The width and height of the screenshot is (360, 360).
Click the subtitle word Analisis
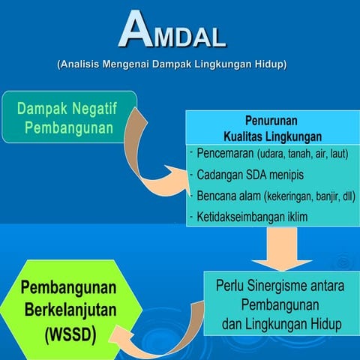pyautogui.click(x=80, y=65)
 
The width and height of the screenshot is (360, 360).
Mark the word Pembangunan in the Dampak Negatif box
pyautogui.click(x=69, y=127)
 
